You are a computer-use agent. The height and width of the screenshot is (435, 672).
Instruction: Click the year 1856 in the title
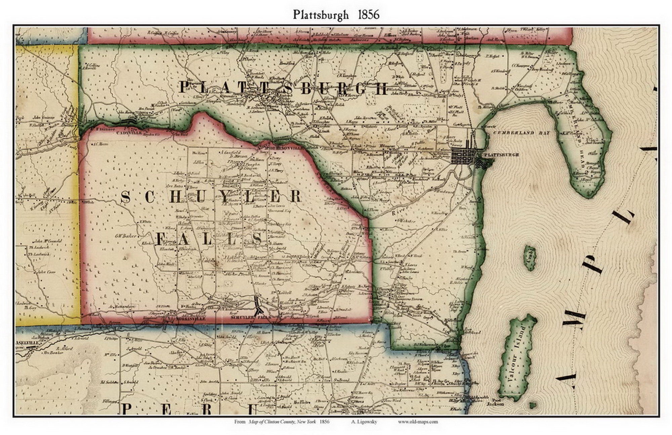[x=368, y=14]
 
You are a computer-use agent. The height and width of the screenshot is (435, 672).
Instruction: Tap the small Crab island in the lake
[x=530, y=257]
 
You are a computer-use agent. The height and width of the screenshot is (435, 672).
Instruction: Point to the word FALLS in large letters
[x=209, y=239]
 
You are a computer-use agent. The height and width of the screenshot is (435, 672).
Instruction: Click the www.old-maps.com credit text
[x=418, y=422]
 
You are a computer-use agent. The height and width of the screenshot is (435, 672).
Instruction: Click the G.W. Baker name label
[x=125, y=236]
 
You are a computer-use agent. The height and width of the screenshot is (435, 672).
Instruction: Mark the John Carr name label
[x=46, y=272]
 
